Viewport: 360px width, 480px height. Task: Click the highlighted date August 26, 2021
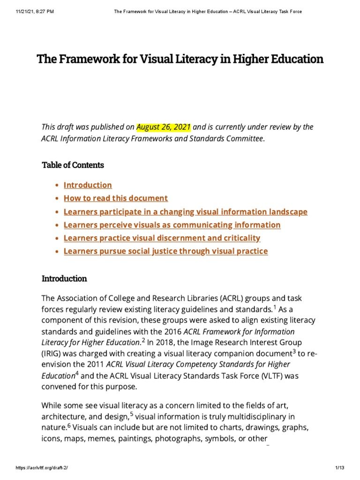pos(164,127)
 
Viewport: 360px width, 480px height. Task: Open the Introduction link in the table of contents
pos(88,185)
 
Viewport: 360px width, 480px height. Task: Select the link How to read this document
pos(115,198)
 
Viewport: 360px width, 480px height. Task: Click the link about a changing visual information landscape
pos(185,211)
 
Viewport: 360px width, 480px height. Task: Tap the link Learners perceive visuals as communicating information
pos(172,225)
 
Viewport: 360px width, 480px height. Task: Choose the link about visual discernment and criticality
pos(162,238)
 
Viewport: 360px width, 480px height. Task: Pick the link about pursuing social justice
pos(165,251)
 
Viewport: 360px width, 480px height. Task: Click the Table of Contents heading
pos(73,165)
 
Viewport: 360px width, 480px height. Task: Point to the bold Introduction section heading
pos(64,278)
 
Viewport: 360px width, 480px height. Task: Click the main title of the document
pos(180,59)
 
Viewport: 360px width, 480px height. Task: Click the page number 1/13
pos(340,468)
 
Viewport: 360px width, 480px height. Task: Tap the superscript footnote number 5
pos(132,413)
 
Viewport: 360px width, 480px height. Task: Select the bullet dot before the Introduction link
pos(57,186)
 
